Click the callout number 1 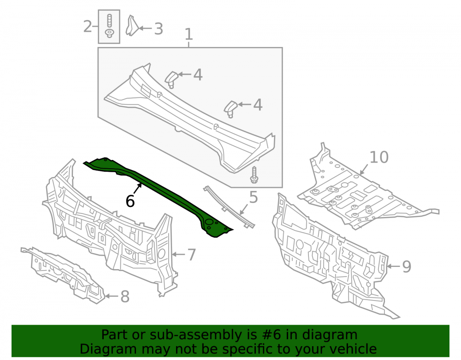click(189, 34)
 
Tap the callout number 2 click(88, 26)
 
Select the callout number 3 click(159, 29)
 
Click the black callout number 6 click(130, 201)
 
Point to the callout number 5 click(253, 197)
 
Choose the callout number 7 click(191, 254)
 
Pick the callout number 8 click(125, 296)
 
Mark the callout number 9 click(406, 266)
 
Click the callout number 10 click(378, 157)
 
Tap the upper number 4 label click(198, 75)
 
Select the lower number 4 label click(258, 105)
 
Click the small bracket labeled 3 click(131, 26)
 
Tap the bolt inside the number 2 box click(109, 26)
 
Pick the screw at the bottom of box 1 click(254, 175)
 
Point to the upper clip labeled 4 click(171, 79)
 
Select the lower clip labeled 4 click(231, 109)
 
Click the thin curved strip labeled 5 click(229, 207)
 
